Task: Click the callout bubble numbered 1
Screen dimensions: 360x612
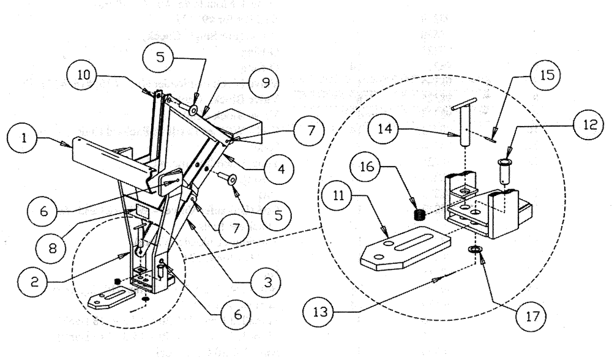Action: click(25, 139)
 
